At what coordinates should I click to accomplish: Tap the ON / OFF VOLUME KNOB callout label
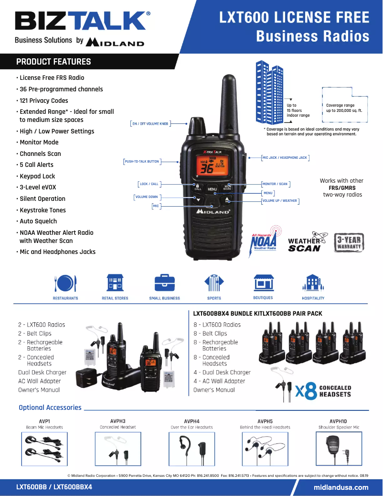[x=150, y=123]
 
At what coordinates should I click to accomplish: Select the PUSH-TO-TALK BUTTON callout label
[x=141, y=162]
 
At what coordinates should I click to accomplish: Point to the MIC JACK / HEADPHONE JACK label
[x=285, y=157]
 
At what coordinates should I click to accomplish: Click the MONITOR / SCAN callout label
[x=276, y=184]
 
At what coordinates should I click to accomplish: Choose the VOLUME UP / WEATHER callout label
[x=280, y=201]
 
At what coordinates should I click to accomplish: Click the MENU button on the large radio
[x=212, y=189]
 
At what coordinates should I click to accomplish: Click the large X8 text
[x=306, y=392]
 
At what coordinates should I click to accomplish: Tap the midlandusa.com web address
[x=341, y=487]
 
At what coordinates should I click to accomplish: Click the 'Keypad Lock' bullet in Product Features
[x=37, y=176]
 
